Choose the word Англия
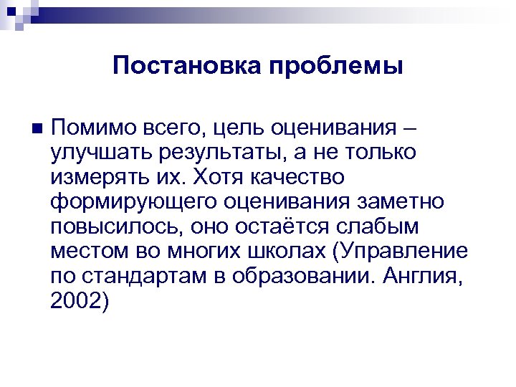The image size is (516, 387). (431, 277)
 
